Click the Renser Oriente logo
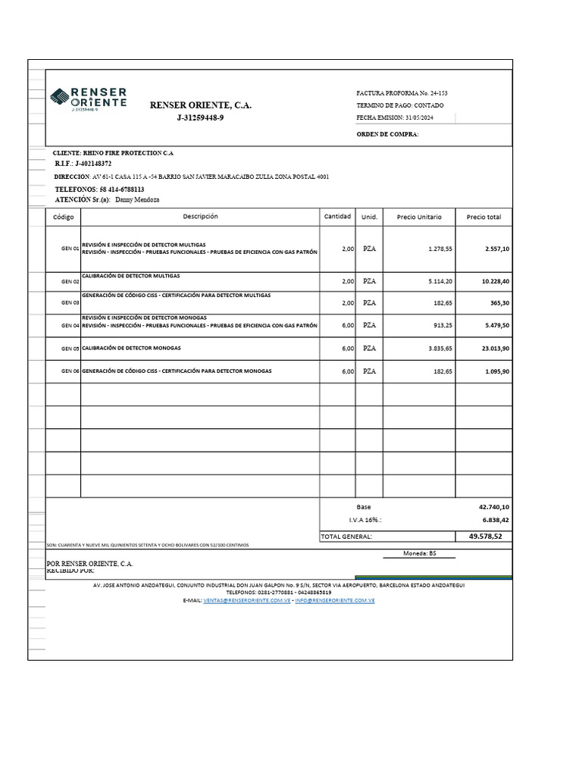tap(88, 99)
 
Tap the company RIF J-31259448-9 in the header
tap(200, 118)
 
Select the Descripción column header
tap(200, 217)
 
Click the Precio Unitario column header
tap(418, 217)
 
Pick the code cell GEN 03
tap(70, 302)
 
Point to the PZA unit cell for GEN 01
tap(369, 249)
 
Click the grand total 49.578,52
tap(486, 537)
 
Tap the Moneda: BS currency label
tap(420, 553)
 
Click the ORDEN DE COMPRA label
tap(387, 135)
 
